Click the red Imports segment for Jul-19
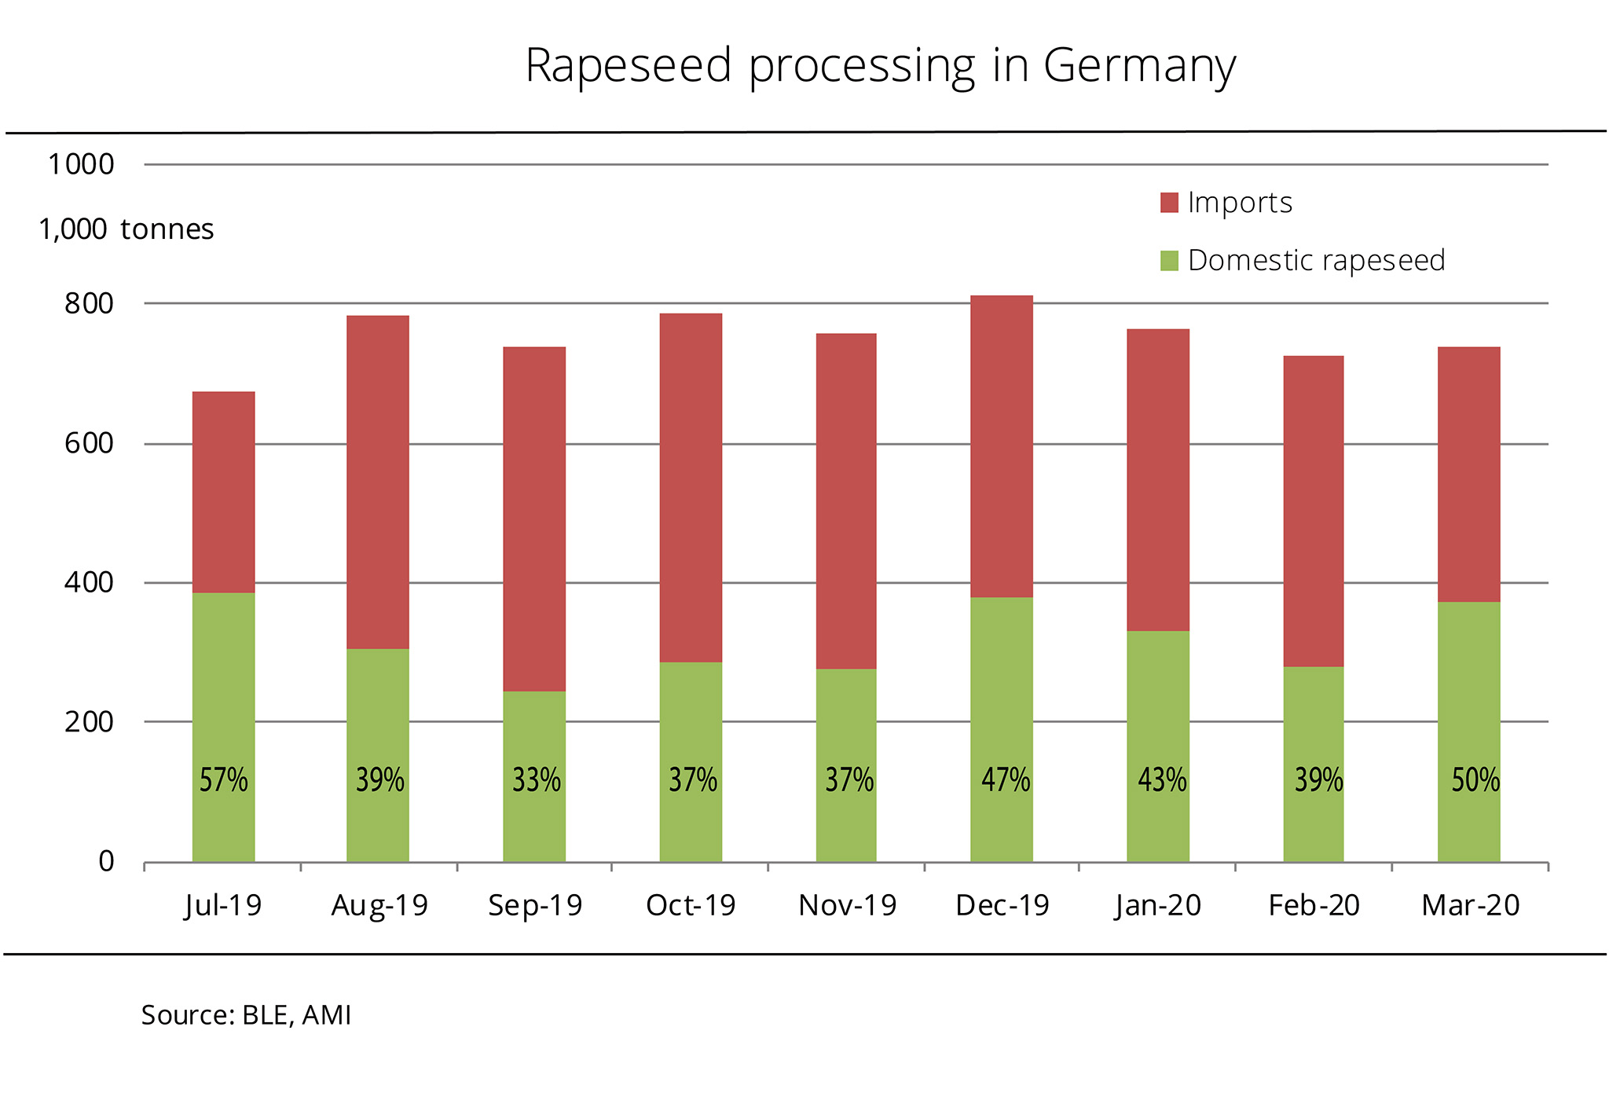tap(223, 492)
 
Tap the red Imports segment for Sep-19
tap(534, 519)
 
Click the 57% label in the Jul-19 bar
tap(223, 780)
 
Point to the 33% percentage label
tap(537, 780)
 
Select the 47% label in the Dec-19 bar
tap(1006, 780)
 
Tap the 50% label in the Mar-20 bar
tap(1475, 780)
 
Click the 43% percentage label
tap(1162, 780)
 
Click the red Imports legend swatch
tap(1169, 203)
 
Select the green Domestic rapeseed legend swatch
tap(1169, 261)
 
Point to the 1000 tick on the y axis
tap(81, 165)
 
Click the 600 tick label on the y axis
tap(89, 443)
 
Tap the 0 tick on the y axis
tap(106, 862)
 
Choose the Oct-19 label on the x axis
tap(691, 905)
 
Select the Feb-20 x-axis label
tap(1314, 905)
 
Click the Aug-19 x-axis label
tap(379, 905)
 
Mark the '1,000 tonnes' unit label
tap(126, 229)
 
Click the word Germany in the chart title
tap(1139, 66)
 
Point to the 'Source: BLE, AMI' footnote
tap(246, 1015)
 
